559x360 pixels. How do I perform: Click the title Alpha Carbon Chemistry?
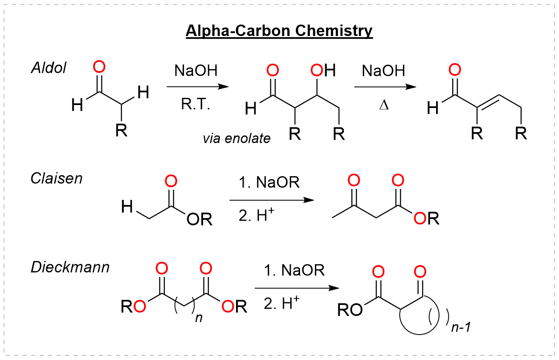tap(279, 31)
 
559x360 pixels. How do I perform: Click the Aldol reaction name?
tap(49, 68)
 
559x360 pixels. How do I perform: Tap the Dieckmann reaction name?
tap(70, 267)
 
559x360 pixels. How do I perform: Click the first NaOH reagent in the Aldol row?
tap(196, 71)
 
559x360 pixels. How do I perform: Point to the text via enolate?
tap(236, 138)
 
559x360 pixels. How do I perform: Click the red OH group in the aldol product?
tap(323, 70)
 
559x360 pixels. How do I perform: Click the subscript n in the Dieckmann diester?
tap(198, 318)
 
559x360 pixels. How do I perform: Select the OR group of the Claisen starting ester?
tap(199, 220)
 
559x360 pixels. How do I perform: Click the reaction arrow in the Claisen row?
tap(272, 199)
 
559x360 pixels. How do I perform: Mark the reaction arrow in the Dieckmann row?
tap(297, 288)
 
